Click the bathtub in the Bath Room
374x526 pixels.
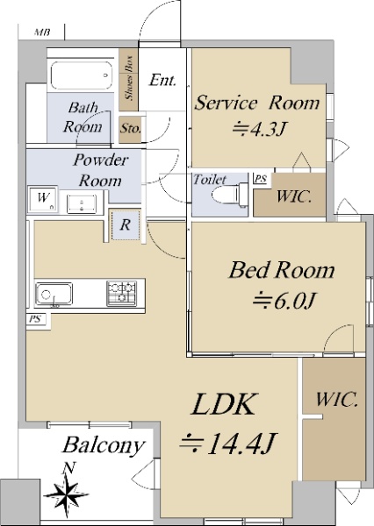click(x=81, y=75)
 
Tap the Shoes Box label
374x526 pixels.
click(x=129, y=78)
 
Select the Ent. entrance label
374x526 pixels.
click(x=162, y=80)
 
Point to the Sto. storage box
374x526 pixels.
click(x=130, y=129)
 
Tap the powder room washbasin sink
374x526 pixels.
click(x=82, y=203)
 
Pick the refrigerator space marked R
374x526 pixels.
click(x=125, y=224)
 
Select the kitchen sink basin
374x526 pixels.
click(x=54, y=295)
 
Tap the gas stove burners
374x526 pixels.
click(x=121, y=293)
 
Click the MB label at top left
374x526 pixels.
click(x=42, y=32)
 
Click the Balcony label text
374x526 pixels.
click(x=103, y=446)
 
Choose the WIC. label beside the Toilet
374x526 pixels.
click(x=293, y=197)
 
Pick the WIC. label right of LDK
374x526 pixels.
click(x=336, y=400)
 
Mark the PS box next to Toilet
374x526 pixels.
click(x=260, y=179)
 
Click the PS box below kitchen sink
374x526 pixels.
click(x=35, y=319)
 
